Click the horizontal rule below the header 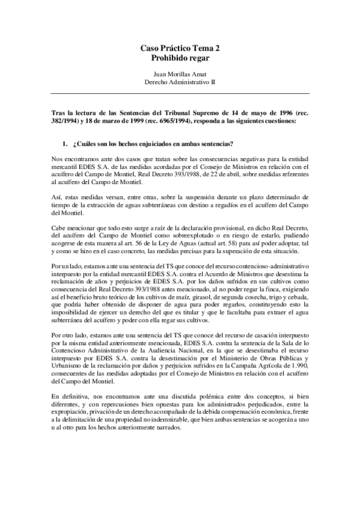tap(180, 93)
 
